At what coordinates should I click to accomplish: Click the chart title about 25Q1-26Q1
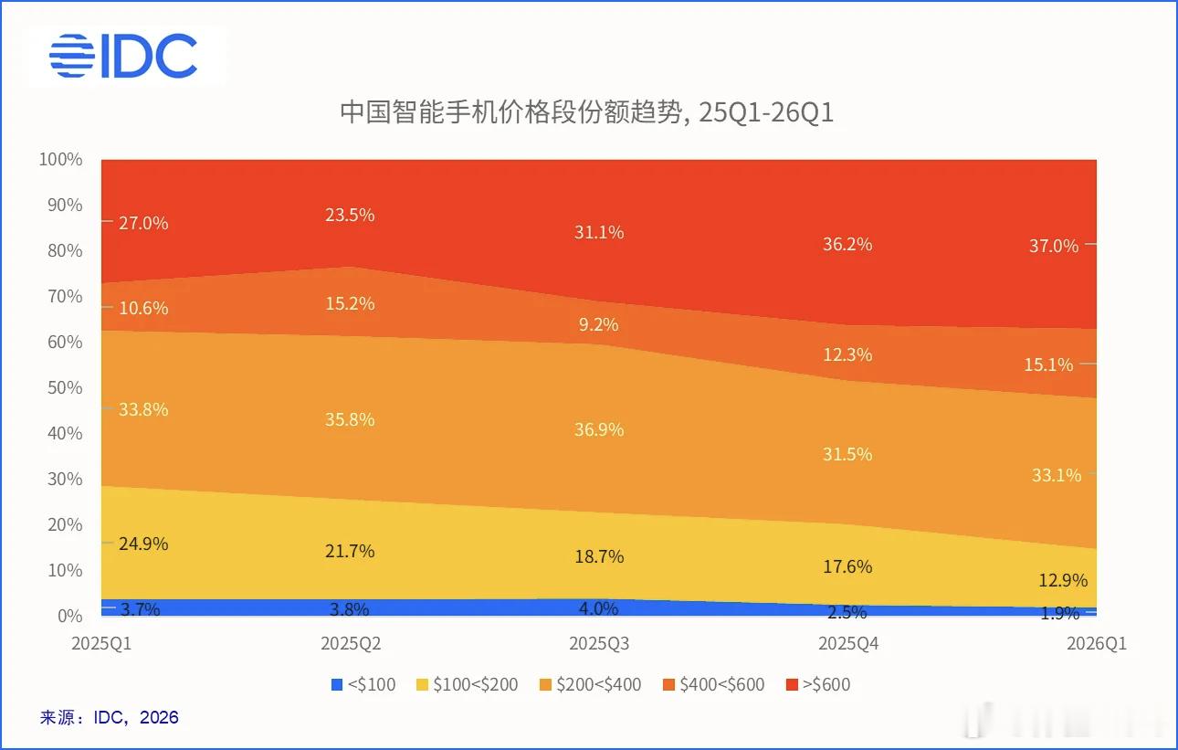586,113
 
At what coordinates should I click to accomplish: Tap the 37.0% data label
1053,246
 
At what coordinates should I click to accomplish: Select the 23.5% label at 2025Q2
350,216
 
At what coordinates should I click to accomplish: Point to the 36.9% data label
599,429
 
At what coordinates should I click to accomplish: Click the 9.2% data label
599,324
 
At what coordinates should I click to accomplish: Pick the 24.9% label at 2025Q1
143,544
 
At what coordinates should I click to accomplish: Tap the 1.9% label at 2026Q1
1059,614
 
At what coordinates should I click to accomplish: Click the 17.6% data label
847,566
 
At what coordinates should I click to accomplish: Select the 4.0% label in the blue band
599,608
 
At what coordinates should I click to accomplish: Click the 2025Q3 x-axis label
599,643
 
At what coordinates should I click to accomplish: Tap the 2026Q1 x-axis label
1096,643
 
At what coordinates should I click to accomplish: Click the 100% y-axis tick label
60,160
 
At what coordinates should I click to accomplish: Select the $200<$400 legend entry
590,684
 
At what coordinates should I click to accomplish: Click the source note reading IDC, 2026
110,717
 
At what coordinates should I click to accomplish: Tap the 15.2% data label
350,303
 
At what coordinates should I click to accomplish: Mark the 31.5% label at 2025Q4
847,454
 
